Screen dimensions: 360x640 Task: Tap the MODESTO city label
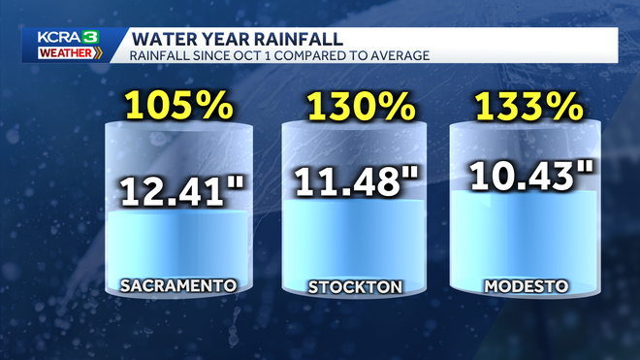click(x=528, y=286)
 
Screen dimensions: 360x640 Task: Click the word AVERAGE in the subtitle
click(x=401, y=55)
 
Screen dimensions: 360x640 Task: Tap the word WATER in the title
click(x=157, y=39)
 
